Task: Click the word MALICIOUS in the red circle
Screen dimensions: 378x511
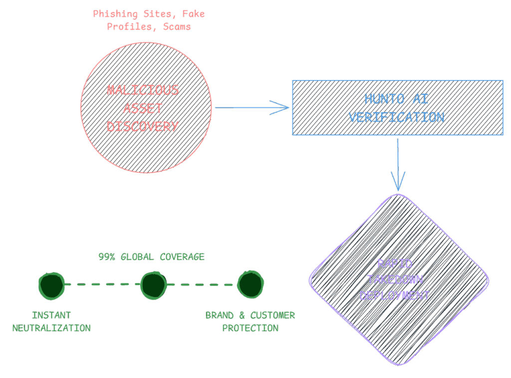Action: point(143,91)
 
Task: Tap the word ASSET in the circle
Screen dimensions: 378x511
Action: point(143,108)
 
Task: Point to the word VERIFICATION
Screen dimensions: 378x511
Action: point(397,117)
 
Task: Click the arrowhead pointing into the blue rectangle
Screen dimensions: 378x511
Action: point(282,107)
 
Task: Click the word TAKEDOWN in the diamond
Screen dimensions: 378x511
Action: point(394,279)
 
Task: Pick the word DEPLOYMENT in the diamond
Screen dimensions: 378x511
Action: point(394,295)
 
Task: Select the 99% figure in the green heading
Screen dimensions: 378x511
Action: point(107,257)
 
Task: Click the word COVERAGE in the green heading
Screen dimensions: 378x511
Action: point(182,257)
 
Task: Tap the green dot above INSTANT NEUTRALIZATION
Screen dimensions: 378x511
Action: point(51,285)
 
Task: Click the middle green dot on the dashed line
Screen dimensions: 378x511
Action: point(153,285)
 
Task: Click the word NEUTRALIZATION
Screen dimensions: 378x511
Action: point(51,328)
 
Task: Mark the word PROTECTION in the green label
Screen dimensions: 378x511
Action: point(250,328)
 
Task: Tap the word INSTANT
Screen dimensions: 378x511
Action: point(51,315)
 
